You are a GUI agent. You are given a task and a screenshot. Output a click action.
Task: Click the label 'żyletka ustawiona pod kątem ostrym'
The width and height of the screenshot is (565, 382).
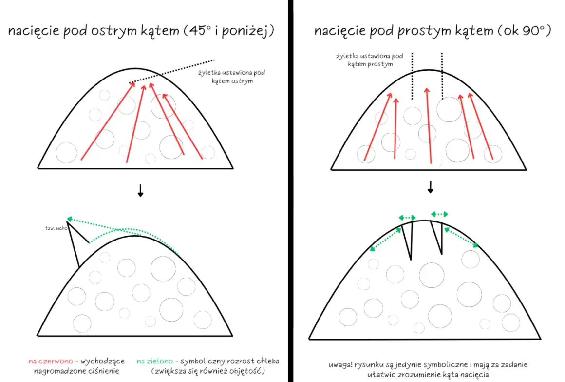click(x=232, y=77)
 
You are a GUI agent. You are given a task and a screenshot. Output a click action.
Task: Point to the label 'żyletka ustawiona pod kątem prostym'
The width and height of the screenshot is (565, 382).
click(x=370, y=60)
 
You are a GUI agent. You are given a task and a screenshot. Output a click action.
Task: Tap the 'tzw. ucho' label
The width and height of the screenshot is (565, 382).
click(x=56, y=228)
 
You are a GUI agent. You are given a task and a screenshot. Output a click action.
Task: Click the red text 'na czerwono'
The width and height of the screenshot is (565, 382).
click(x=51, y=361)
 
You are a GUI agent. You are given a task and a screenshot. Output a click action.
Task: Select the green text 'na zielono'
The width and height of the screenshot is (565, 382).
click(x=155, y=361)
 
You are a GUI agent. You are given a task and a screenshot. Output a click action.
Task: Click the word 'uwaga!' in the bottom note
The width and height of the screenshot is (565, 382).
click(x=340, y=364)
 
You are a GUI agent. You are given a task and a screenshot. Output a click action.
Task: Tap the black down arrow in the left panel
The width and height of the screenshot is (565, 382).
click(x=141, y=190)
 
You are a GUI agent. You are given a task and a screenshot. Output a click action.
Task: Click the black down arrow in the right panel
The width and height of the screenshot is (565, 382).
click(x=430, y=187)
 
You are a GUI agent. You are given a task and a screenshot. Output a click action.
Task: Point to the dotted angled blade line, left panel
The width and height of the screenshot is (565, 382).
click(x=171, y=72)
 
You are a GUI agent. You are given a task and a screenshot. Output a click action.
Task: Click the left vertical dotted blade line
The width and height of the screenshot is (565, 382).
click(x=412, y=76)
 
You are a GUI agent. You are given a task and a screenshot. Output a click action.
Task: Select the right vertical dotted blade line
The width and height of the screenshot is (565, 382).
click(x=442, y=76)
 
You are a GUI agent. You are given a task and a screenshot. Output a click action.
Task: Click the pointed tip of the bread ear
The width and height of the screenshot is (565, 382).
click(x=67, y=221)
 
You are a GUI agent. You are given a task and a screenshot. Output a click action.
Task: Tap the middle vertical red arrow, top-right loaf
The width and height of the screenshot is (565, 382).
click(x=429, y=126)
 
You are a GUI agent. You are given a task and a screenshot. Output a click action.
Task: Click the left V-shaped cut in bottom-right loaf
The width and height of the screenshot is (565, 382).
click(x=408, y=240)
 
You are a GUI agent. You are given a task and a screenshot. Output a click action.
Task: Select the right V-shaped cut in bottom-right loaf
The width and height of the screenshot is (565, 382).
click(x=437, y=238)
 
